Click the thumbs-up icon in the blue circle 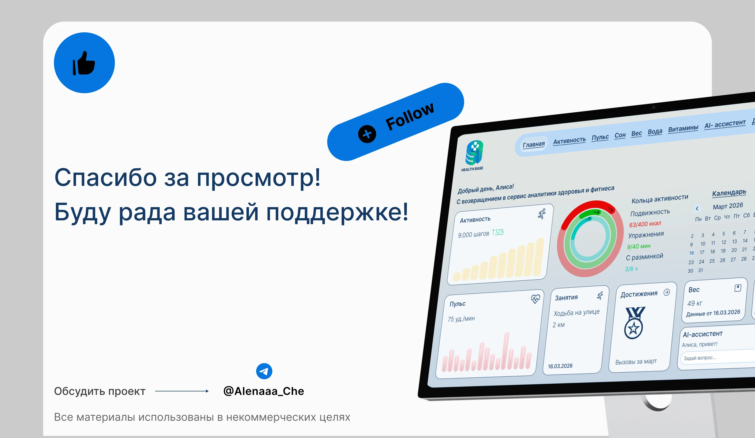pos(84,63)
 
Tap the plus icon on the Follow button pos(367,134)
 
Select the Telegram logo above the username pos(264,371)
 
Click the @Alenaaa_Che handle pos(264,391)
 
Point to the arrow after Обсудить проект pos(182,391)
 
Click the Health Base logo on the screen pos(474,153)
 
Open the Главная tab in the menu pos(534,145)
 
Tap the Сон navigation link pos(620,135)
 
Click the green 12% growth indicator pos(498,232)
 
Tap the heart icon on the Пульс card pos(536,299)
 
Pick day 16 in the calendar pos(691,253)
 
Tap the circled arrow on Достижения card pos(667,293)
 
